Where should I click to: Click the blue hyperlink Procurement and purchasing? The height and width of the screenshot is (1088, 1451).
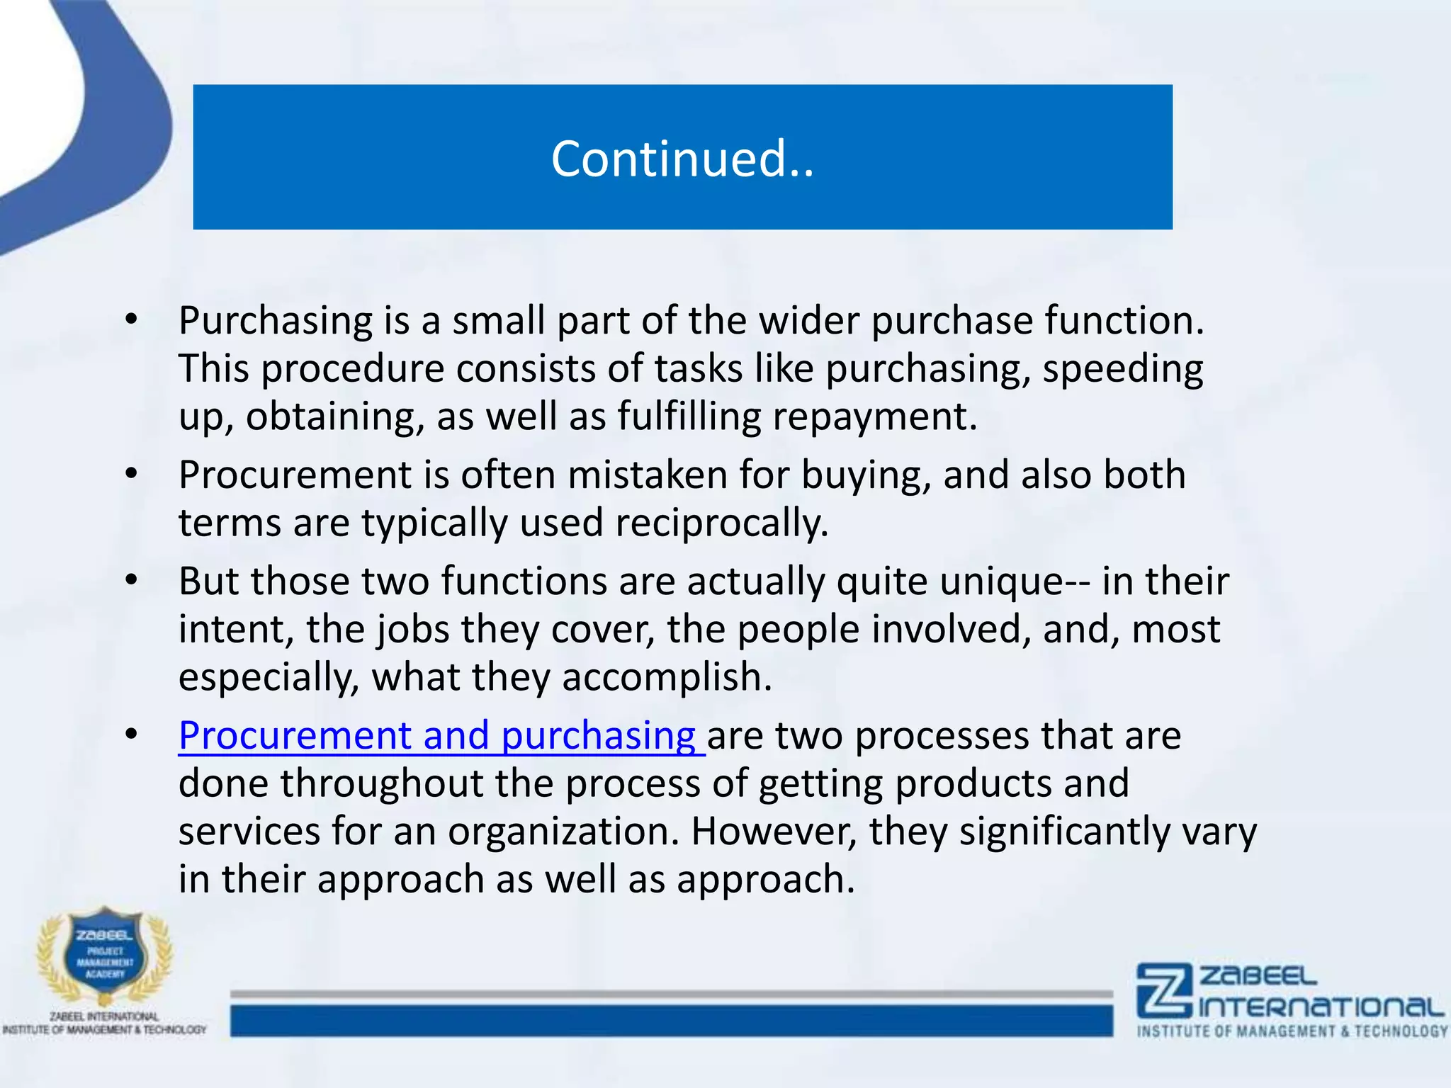coord(439,735)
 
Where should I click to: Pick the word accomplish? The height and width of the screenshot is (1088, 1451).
coord(667,677)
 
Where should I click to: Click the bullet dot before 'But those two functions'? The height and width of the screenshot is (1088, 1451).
coord(131,581)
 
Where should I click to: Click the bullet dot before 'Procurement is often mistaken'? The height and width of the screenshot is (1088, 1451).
coord(131,474)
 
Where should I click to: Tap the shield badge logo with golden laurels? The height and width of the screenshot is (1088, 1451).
coord(104,956)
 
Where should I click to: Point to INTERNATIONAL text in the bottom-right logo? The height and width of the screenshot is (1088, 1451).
coord(1321,1007)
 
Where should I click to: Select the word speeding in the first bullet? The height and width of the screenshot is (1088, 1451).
coord(1122,369)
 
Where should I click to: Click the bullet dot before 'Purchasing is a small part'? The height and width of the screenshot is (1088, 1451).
coord(131,320)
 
